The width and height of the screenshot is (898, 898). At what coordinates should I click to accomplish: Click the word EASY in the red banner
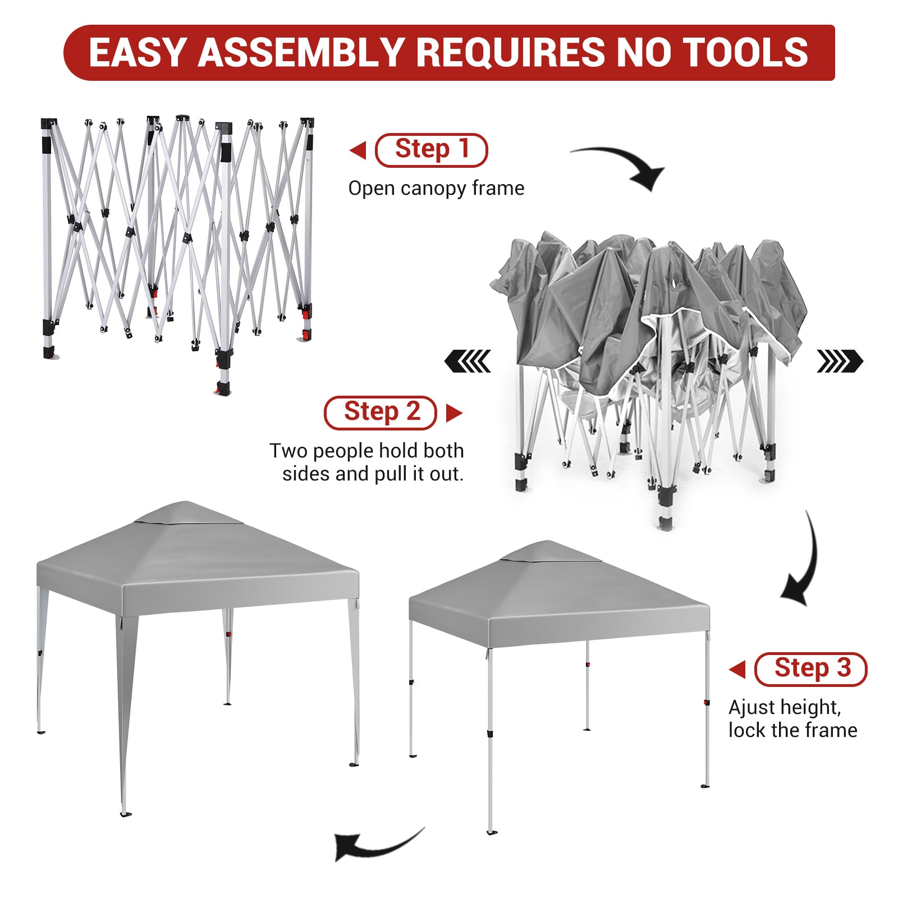[138, 53]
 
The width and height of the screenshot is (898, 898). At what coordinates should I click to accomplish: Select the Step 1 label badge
[431, 150]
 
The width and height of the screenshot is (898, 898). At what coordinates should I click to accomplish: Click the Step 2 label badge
[380, 413]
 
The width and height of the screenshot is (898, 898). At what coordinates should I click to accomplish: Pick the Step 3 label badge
[810, 669]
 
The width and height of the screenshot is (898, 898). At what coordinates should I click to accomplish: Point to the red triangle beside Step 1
[358, 150]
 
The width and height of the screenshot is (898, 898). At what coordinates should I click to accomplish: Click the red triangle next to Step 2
[454, 413]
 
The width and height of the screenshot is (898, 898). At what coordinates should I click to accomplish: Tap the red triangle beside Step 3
[737, 669]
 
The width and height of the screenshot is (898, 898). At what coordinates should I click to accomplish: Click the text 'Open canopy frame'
[436, 189]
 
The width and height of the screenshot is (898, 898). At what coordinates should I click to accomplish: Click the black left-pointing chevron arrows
[468, 361]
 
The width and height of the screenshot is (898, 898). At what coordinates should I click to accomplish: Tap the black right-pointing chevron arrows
[840, 361]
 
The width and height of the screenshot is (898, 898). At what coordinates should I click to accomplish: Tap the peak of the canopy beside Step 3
[547, 542]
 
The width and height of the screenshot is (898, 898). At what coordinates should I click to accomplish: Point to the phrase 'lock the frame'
[792, 730]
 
